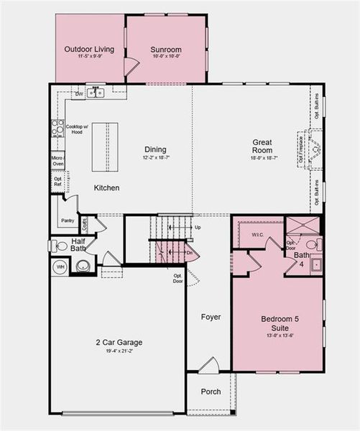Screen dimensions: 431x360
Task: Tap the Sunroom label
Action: point(165,50)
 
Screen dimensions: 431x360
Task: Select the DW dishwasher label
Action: point(78,93)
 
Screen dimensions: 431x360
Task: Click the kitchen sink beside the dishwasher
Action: point(98,93)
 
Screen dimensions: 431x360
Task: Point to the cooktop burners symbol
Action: point(56,129)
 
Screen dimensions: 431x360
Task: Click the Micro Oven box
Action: point(57,161)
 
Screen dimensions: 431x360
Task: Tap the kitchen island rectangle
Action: point(104,146)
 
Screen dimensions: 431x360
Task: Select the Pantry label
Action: point(68,221)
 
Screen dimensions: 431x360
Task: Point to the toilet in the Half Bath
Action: point(60,246)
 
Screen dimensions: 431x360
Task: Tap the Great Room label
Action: point(261,147)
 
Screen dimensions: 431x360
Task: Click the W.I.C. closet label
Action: point(257,234)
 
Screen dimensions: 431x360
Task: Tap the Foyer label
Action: point(210,317)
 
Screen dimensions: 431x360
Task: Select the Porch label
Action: point(210,391)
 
